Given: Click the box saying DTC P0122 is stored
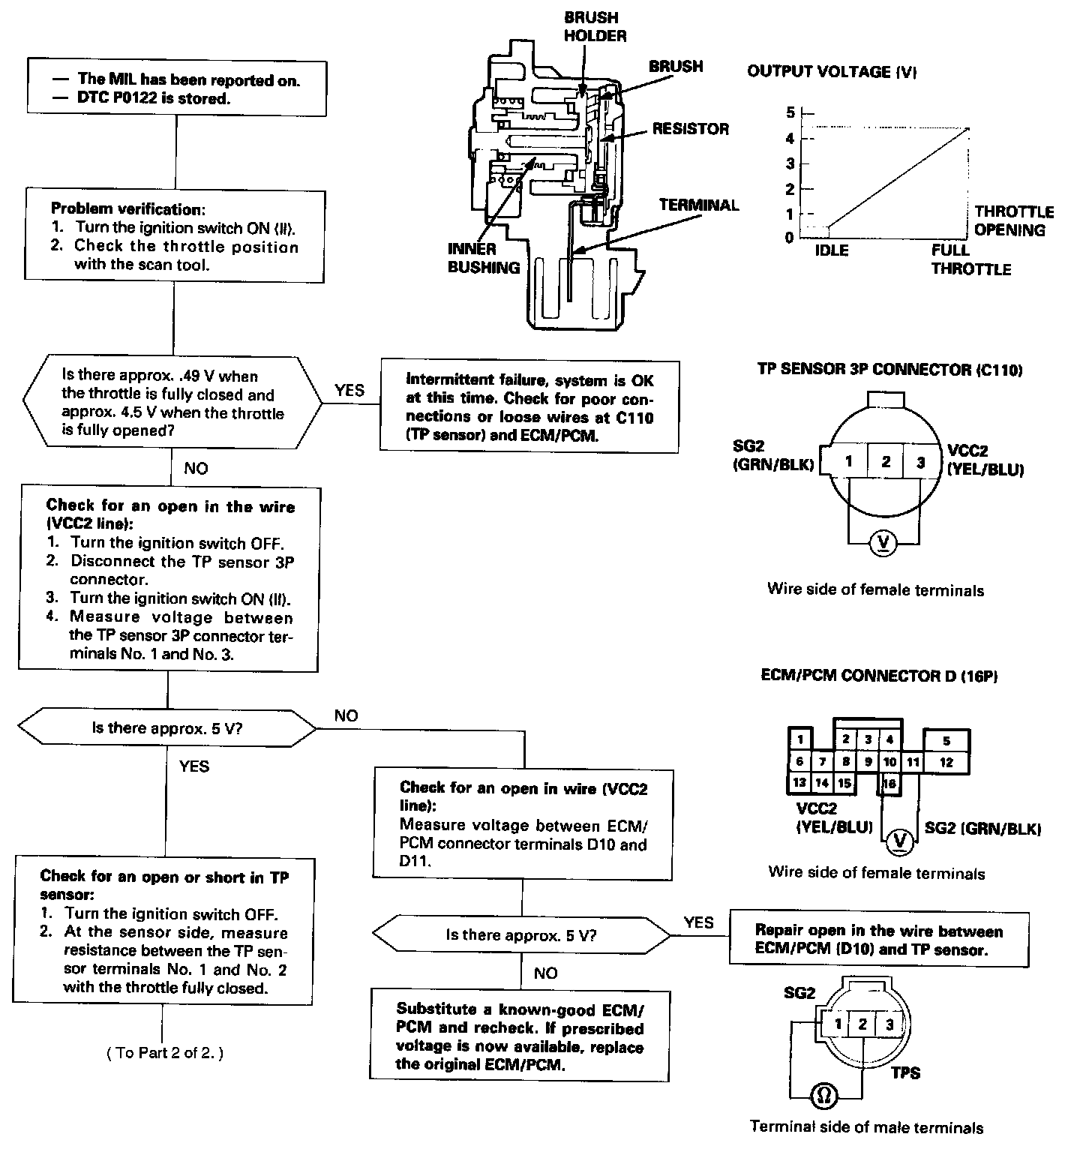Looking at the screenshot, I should pyautogui.click(x=177, y=88).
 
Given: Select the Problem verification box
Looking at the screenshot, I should pyautogui.click(x=175, y=235).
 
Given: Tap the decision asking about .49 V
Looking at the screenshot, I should pyautogui.click(x=172, y=403).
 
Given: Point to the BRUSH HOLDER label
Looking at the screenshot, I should pyautogui.click(x=595, y=26).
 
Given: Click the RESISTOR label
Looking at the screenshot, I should pyautogui.click(x=690, y=129).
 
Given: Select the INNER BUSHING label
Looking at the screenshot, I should pyautogui.click(x=484, y=258).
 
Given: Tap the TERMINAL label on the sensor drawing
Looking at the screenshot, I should pyautogui.click(x=699, y=205).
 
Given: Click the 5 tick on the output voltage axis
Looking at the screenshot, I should pyautogui.click(x=789, y=113).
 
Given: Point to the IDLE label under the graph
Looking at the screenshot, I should pyautogui.click(x=832, y=250).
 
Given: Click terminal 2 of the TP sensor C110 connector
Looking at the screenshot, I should pyautogui.click(x=886, y=461).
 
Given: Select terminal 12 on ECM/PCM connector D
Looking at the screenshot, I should pyautogui.click(x=946, y=762).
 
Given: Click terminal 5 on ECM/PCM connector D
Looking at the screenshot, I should pyautogui.click(x=946, y=740).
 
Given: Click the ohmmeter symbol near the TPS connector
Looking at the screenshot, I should pyautogui.click(x=823, y=1096).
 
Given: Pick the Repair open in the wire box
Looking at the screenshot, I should pyautogui.click(x=878, y=940).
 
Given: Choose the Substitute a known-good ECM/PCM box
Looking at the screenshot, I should pyautogui.click(x=520, y=1036).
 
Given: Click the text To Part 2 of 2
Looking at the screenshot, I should pyautogui.click(x=165, y=1052).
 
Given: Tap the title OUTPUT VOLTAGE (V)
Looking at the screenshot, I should pyautogui.click(x=832, y=72).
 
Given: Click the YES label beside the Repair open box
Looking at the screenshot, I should pyautogui.click(x=699, y=922).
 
